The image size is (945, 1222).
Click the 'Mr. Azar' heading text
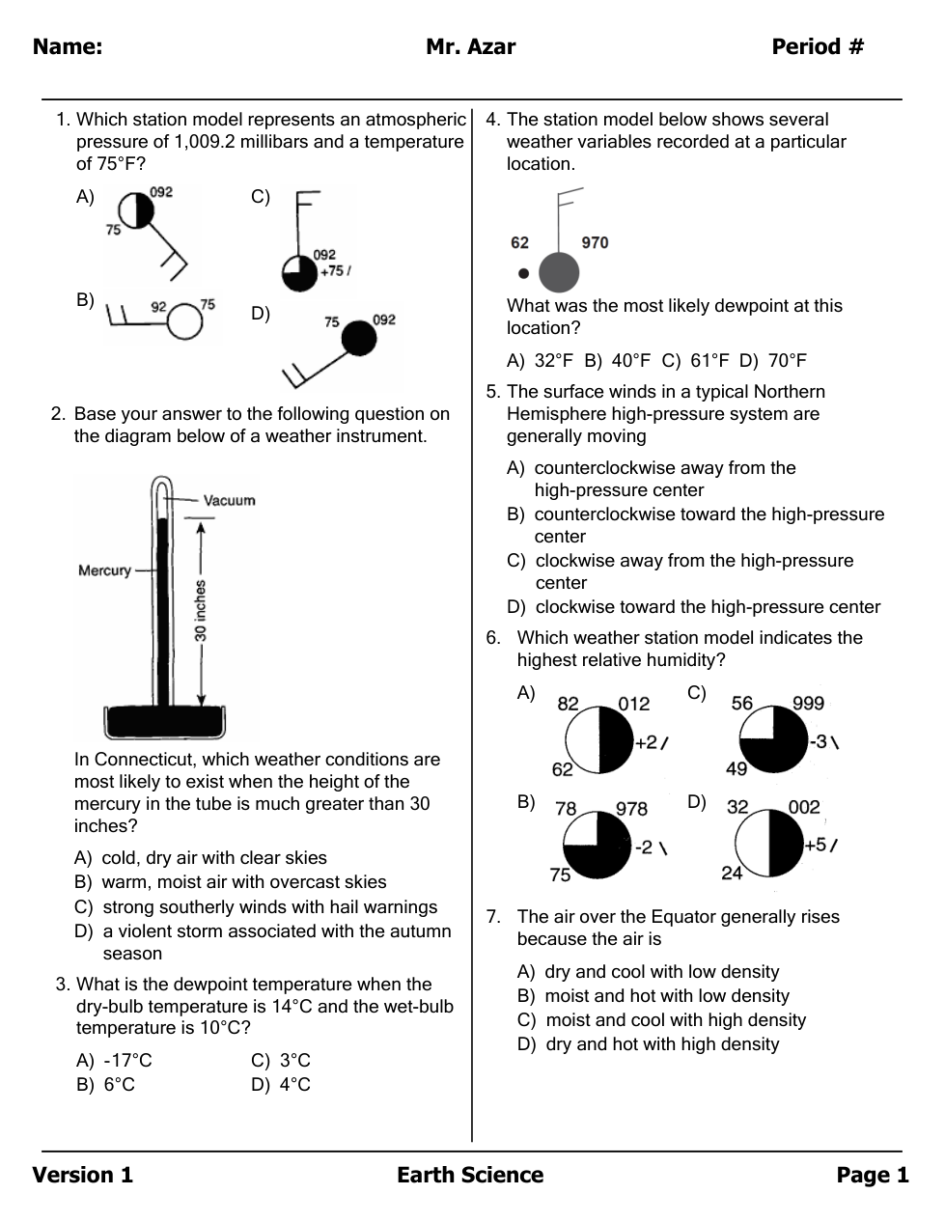coord(470,46)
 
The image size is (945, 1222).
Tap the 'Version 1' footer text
coord(82,1175)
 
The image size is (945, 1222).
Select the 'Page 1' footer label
coord(872,1175)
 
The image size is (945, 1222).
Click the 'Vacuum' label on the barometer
coord(229,500)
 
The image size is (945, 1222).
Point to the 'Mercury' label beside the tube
coord(104,570)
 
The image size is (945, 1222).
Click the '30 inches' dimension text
coord(201,611)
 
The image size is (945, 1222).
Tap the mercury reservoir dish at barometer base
coord(164,721)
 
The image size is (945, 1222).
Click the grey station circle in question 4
coord(558,272)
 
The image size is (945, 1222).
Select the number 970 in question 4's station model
coord(595,242)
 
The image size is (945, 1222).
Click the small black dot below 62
coord(523,273)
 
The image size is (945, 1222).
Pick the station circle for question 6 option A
coord(598,740)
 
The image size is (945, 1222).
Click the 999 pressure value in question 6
coord(808,704)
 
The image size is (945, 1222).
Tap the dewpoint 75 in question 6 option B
coord(560,875)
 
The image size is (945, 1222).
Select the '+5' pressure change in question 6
coord(816,845)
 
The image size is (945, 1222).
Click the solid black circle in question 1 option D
coord(359,339)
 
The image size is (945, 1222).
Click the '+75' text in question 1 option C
coord(331,271)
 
